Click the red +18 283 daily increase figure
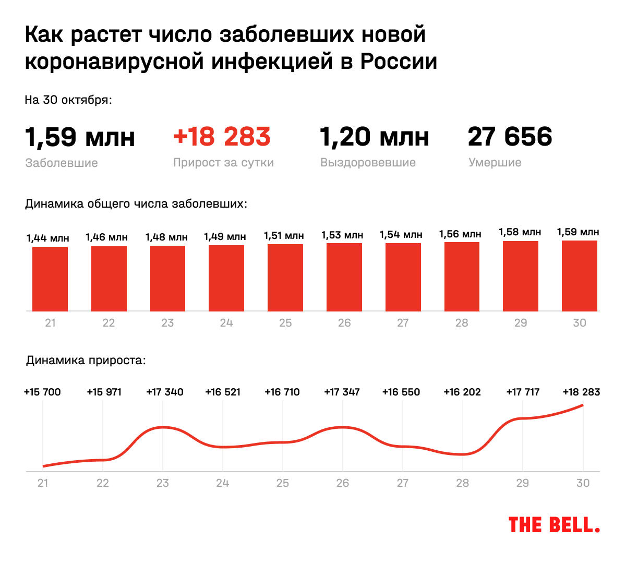click(222, 137)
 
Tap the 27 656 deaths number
click(510, 137)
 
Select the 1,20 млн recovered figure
click(374, 137)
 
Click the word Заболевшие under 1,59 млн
click(62, 163)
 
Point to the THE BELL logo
click(554, 525)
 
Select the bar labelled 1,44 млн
click(50, 279)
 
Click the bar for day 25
click(285, 278)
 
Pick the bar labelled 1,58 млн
click(521, 276)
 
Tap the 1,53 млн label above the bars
click(342, 235)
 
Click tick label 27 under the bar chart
click(403, 323)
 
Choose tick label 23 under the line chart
click(163, 483)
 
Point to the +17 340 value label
click(165, 392)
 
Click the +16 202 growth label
click(462, 392)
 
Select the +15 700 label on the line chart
click(43, 392)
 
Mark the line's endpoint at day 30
click(582, 405)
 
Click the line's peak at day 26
click(342, 427)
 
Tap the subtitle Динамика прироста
click(86, 361)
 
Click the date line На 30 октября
click(68, 100)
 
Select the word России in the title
click(399, 62)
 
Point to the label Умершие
click(495, 163)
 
